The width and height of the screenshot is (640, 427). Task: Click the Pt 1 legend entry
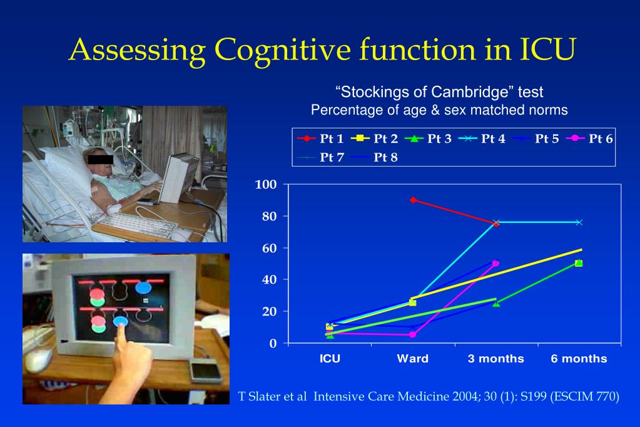pyautogui.click(x=320, y=139)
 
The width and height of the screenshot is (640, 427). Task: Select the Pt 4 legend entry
pyautogui.click(x=481, y=139)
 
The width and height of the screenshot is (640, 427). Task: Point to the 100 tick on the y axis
pyautogui.click(x=266, y=185)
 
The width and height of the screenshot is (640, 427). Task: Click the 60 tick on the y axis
pyautogui.click(x=268, y=248)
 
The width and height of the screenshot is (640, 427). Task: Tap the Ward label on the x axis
pyautogui.click(x=412, y=359)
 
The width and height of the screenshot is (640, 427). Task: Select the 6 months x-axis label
pyautogui.click(x=579, y=359)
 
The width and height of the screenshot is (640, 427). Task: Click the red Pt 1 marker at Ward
pyautogui.click(x=413, y=200)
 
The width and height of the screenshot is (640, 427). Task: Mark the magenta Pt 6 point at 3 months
pyautogui.click(x=495, y=263)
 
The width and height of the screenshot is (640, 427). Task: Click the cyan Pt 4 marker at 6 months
pyautogui.click(x=579, y=222)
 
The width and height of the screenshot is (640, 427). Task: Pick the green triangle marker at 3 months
pyautogui.click(x=496, y=303)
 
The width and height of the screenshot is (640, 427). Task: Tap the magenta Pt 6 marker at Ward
pyautogui.click(x=413, y=334)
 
